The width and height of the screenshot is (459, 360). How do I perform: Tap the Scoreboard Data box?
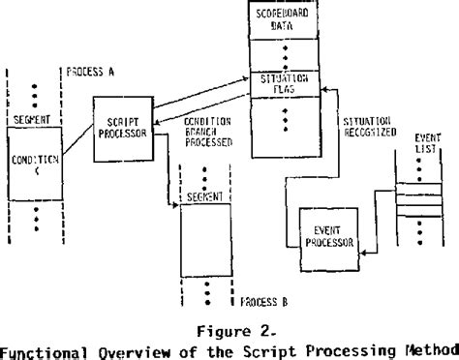[x=286, y=22]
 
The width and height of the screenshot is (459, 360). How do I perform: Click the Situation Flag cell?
[x=286, y=83]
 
